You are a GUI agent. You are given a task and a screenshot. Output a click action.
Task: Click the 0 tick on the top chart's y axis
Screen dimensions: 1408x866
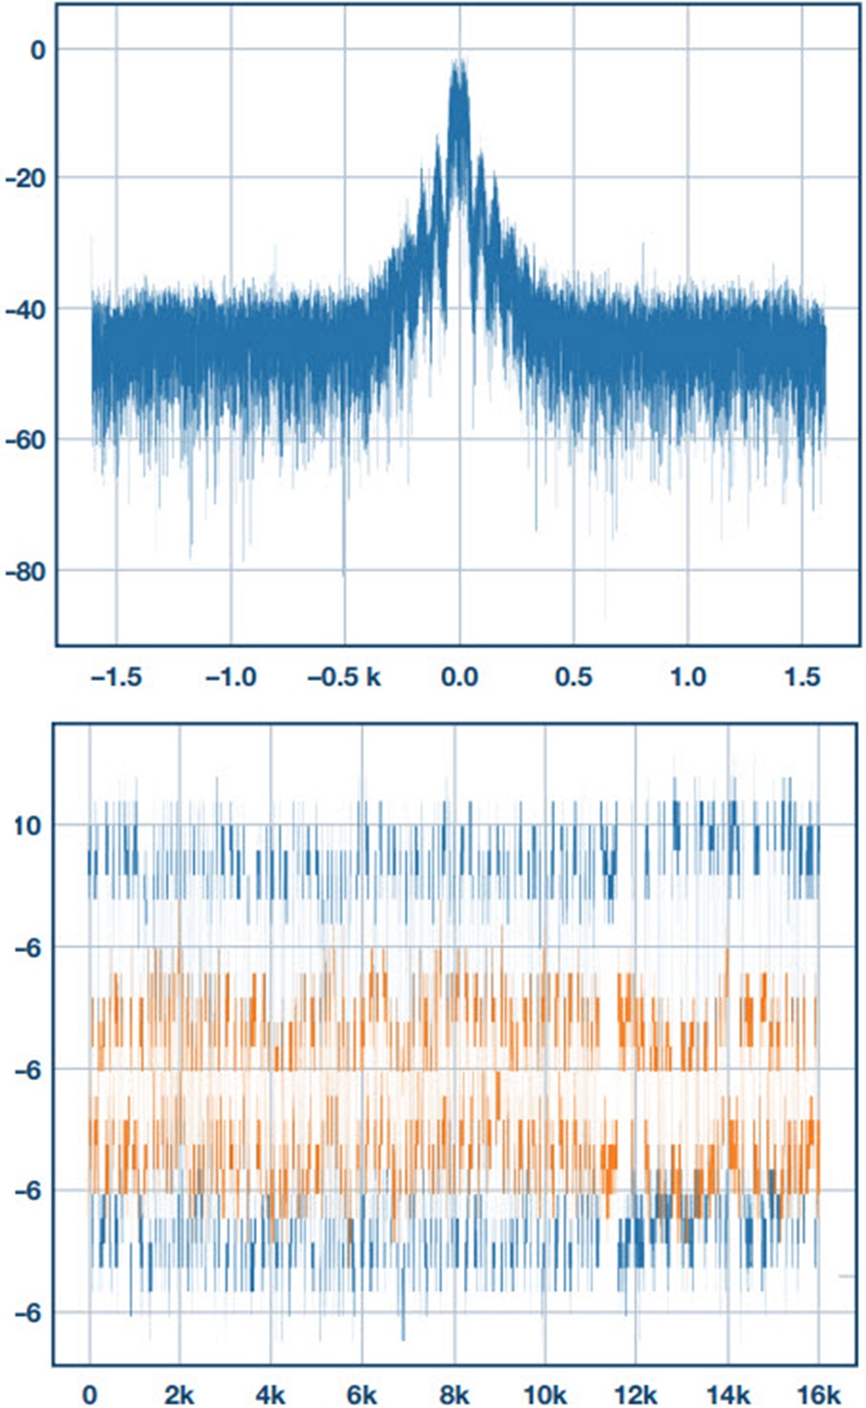pyautogui.click(x=38, y=49)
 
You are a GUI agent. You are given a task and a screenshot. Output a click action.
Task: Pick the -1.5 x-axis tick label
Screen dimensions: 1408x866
pyautogui.click(x=115, y=677)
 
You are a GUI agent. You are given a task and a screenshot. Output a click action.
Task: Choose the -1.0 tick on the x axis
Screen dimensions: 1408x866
pyautogui.click(x=230, y=677)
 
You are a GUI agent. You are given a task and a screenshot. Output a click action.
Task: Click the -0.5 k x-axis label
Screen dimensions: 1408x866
pyautogui.click(x=344, y=677)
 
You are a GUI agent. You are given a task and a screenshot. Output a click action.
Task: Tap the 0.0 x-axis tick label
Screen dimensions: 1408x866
pyautogui.click(x=459, y=677)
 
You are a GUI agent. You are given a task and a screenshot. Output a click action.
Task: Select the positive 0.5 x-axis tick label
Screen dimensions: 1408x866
pyautogui.click(x=573, y=677)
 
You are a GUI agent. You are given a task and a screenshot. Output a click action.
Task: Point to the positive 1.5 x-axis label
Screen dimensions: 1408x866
pyautogui.click(x=802, y=677)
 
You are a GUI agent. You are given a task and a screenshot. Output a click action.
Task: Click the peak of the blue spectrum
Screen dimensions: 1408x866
pyautogui.click(x=460, y=62)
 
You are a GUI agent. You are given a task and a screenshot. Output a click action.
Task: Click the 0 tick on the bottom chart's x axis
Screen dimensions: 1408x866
pyautogui.click(x=89, y=1395)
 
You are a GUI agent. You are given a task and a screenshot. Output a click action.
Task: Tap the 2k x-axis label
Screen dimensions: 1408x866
pyautogui.click(x=179, y=1395)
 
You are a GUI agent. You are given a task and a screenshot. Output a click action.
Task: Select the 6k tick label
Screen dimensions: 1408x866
pyautogui.click(x=362, y=1395)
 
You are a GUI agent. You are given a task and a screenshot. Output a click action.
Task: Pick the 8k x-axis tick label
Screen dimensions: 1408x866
pyautogui.click(x=453, y=1395)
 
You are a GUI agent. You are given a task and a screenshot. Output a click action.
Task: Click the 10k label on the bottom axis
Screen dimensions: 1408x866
pyautogui.click(x=544, y=1395)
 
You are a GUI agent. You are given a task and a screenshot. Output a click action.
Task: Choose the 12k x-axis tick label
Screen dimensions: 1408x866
pyautogui.click(x=635, y=1395)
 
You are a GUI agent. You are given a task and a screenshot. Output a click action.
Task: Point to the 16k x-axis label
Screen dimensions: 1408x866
pyautogui.click(x=819, y=1395)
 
